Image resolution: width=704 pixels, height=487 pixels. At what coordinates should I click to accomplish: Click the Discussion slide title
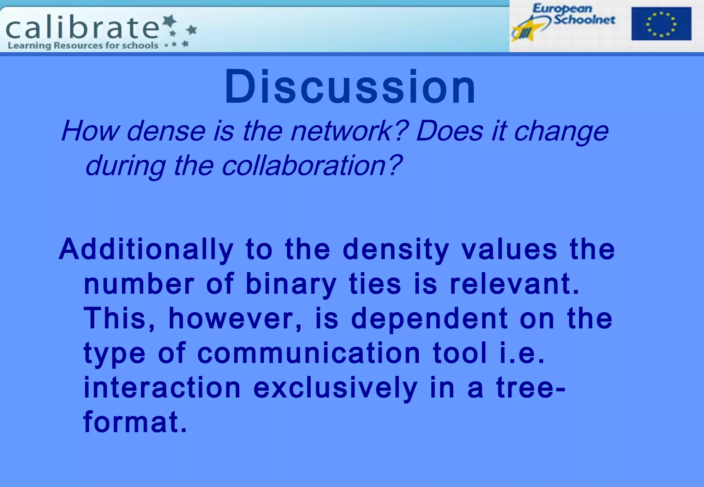[350, 87]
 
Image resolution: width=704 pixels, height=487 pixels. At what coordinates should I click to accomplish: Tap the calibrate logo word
[82, 28]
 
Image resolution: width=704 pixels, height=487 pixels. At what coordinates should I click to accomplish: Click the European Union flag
[661, 24]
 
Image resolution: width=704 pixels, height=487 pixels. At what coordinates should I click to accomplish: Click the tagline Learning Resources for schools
[83, 46]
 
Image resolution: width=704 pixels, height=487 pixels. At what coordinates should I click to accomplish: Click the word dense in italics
[166, 131]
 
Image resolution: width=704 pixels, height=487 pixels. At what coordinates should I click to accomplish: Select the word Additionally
[146, 250]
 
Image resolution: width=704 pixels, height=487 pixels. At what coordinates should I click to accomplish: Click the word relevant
[514, 284]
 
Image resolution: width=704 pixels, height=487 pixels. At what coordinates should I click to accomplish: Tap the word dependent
[429, 319]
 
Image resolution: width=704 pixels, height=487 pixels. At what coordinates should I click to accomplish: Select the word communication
[309, 353]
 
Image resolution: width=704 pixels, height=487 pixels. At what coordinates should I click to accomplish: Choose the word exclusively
[335, 388]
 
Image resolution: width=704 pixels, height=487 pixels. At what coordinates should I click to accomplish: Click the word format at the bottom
[135, 422]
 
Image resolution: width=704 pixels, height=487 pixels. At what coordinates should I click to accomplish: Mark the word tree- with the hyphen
[530, 388]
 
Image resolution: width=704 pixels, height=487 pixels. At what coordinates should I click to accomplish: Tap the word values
[509, 250]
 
